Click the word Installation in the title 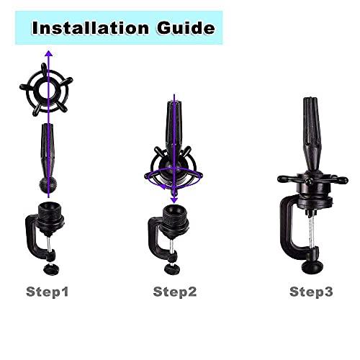(91, 28)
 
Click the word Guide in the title (186, 28)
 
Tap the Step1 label (48, 292)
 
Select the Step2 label (175, 292)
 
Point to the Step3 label (311, 292)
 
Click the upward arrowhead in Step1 (49, 54)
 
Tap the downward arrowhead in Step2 (174, 200)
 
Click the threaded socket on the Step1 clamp (50, 215)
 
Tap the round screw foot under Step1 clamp (51, 269)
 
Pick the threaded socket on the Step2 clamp (176, 218)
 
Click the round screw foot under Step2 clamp (172, 269)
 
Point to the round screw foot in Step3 (312, 267)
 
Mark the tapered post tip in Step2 (174, 103)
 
